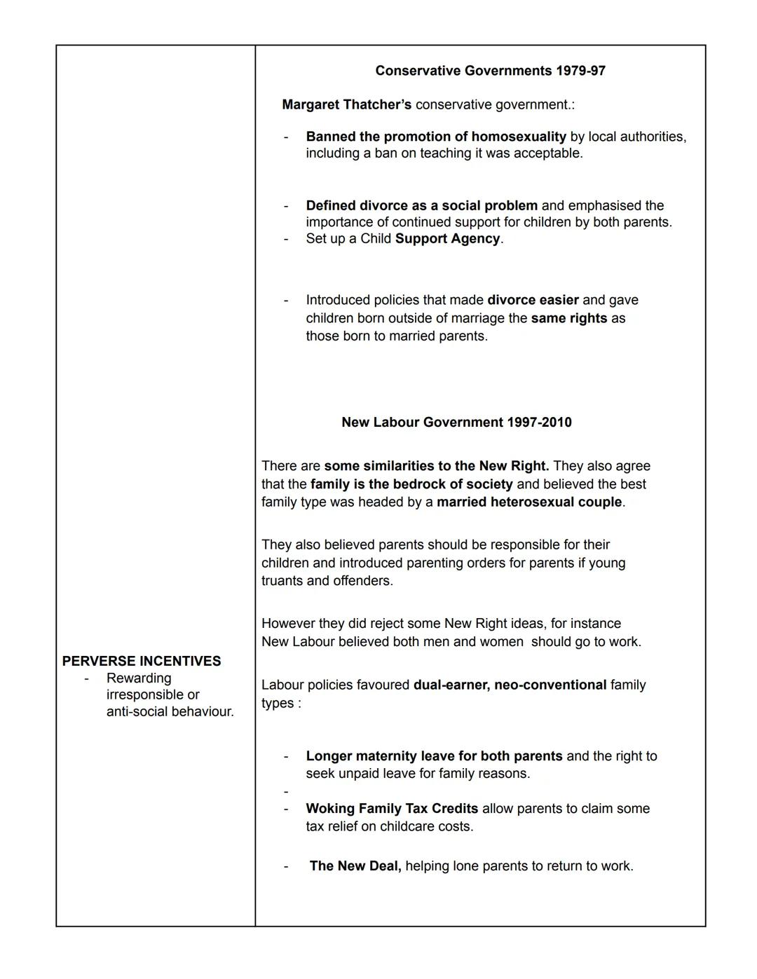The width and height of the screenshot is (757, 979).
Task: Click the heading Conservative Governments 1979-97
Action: click(490, 71)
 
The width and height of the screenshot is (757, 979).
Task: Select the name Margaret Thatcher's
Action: click(346, 105)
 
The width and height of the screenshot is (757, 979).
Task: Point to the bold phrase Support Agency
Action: click(447, 239)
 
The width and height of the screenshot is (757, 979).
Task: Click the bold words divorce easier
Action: click(533, 301)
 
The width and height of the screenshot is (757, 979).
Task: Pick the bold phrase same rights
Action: click(568, 318)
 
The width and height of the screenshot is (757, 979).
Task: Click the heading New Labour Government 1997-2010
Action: click(456, 423)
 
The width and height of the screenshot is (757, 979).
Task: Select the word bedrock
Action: click(418, 484)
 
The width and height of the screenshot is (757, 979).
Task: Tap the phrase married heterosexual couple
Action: click(528, 502)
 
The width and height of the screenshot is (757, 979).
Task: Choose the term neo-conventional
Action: click(550, 685)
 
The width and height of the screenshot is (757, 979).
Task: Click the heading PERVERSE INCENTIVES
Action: click(142, 662)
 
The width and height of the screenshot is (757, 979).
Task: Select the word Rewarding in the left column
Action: click(139, 678)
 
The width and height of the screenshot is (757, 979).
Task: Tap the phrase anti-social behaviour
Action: click(170, 712)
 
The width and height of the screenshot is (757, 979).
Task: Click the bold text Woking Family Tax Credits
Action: click(392, 809)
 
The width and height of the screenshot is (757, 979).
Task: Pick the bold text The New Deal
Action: click(355, 866)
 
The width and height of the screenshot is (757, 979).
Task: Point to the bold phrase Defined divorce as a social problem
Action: click(421, 206)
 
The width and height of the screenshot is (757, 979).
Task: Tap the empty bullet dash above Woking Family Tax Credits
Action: click(286, 792)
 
